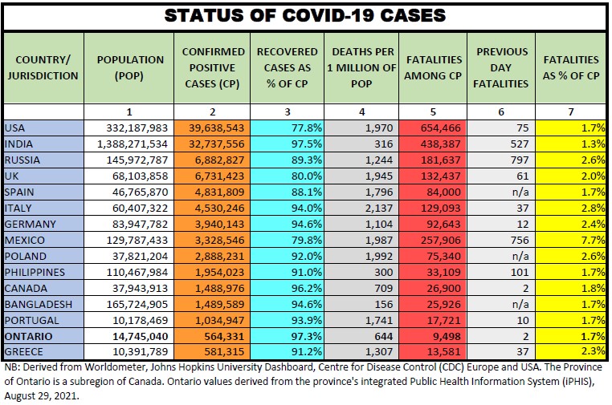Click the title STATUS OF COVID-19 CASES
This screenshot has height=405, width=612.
point(306,16)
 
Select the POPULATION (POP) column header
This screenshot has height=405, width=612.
point(130,67)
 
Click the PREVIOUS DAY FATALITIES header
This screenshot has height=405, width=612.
point(502,67)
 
